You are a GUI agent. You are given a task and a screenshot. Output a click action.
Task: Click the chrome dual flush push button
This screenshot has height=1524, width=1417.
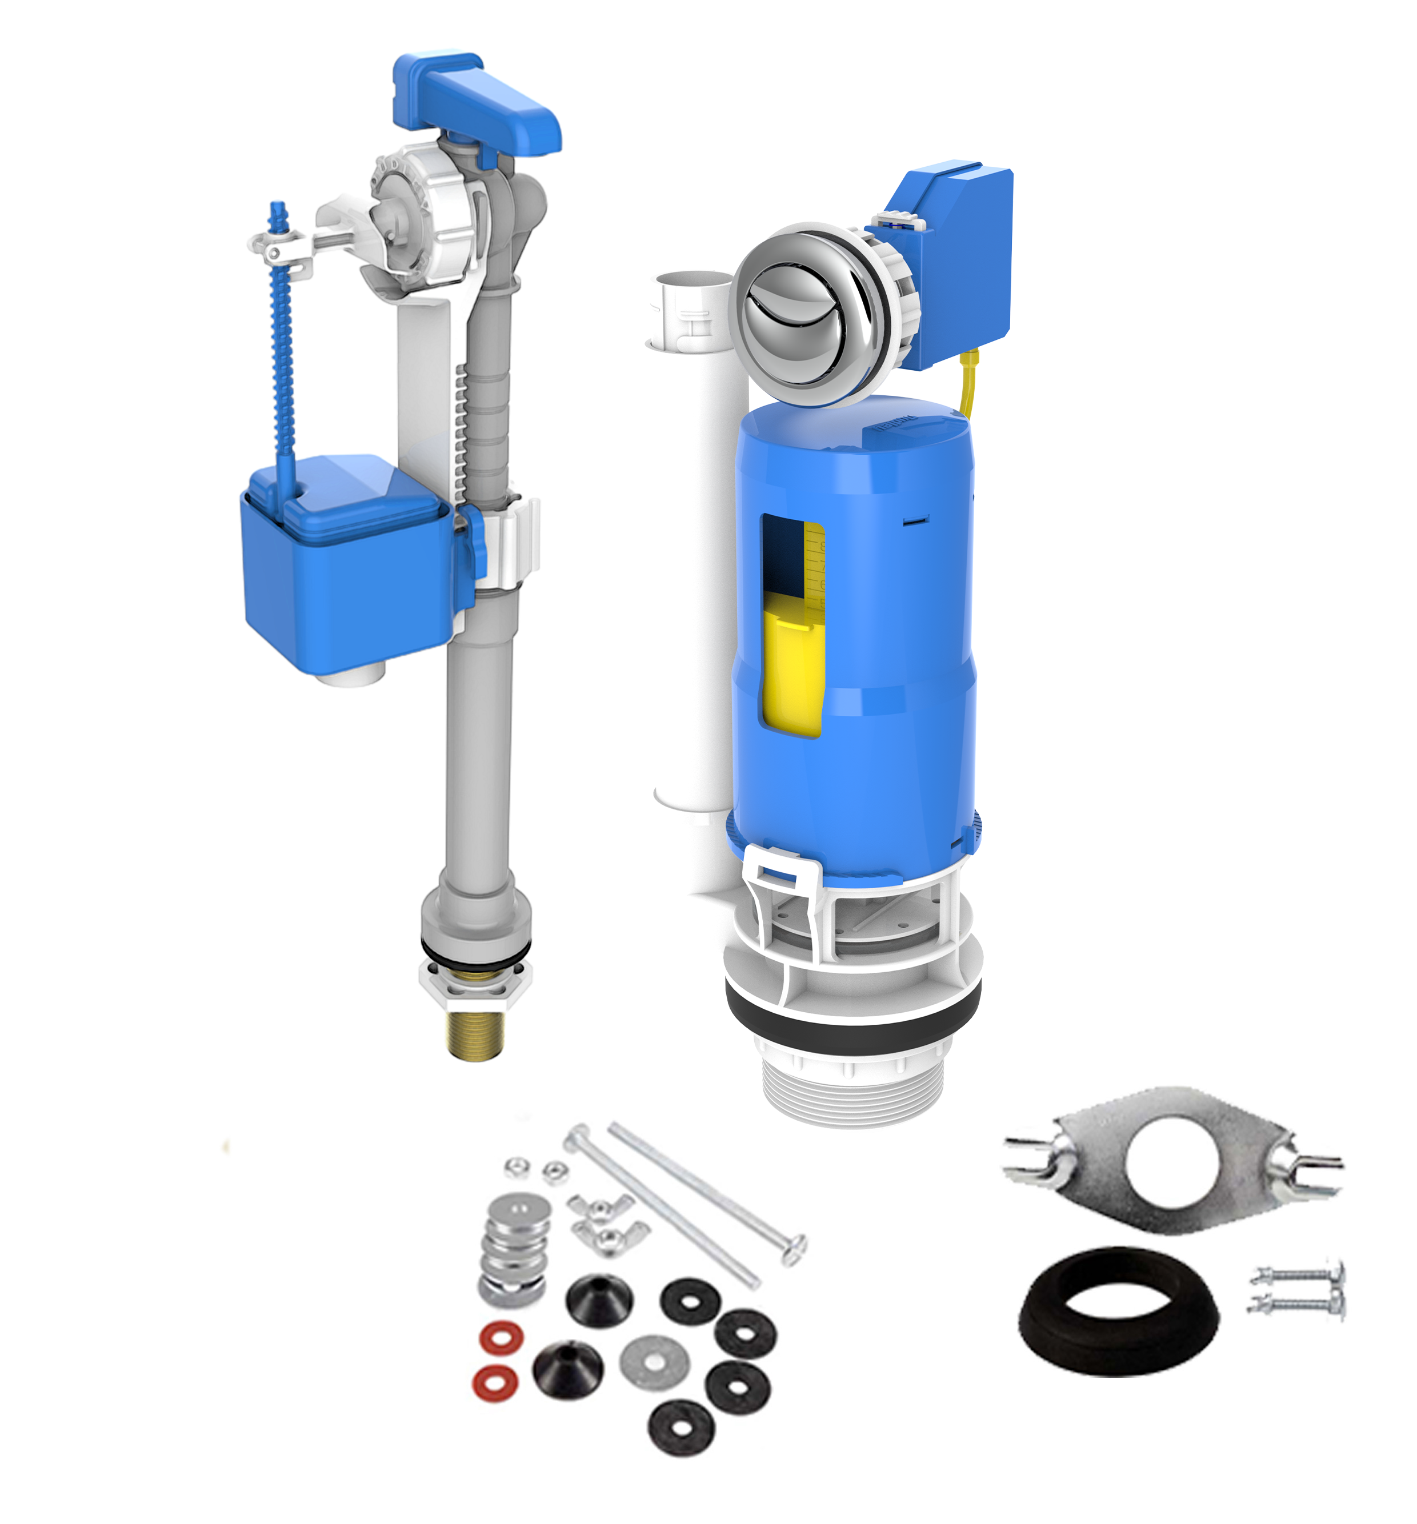point(805,314)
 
